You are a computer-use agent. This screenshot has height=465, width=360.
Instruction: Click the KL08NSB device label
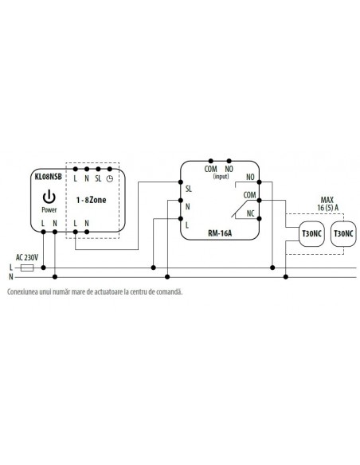click(x=48, y=177)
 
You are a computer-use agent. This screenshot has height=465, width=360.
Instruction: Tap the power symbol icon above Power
click(x=49, y=197)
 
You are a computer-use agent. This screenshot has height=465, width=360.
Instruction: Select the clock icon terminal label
click(x=110, y=179)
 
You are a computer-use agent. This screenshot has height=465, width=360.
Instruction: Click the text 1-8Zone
click(x=91, y=200)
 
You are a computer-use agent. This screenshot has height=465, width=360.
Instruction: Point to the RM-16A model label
click(x=220, y=233)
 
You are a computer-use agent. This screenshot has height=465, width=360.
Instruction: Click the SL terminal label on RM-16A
click(x=188, y=189)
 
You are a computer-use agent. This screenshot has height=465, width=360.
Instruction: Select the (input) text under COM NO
click(x=221, y=177)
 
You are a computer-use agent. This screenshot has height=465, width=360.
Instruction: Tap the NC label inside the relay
click(x=251, y=213)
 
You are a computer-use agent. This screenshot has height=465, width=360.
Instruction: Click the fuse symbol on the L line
click(x=27, y=268)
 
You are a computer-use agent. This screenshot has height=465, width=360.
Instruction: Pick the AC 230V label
click(x=27, y=257)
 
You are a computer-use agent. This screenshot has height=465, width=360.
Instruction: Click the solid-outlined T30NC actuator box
click(x=311, y=234)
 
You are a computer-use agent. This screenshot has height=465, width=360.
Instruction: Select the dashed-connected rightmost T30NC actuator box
click(x=343, y=234)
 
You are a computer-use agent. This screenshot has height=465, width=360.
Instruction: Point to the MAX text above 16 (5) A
click(x=327, y=200)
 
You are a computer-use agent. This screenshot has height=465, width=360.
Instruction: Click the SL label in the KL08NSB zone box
click(x=98, y=179)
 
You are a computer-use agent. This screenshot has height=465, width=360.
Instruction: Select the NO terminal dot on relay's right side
click(x=259, y=182)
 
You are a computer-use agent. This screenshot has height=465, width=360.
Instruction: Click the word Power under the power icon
click(x=49, y=210)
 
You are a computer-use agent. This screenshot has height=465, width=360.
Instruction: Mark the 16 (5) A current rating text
click(x=327, y=208)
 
